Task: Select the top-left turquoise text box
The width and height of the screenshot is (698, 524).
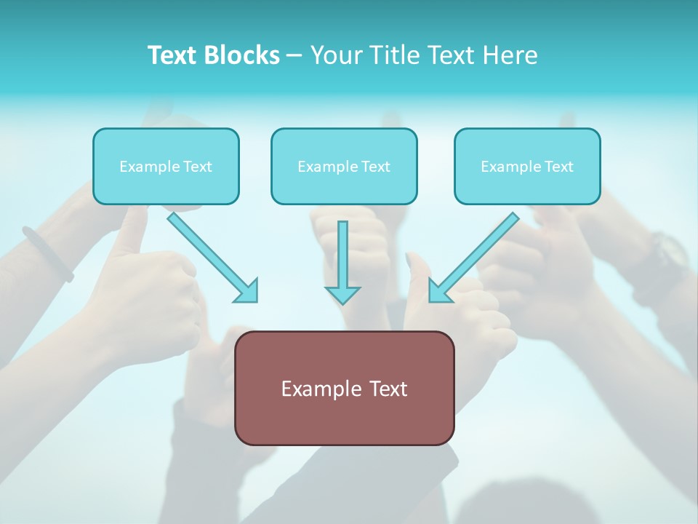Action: (166, 166)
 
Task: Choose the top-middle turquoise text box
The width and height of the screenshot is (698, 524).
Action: (344, 166)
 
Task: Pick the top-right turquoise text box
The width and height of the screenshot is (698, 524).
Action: (527, 166)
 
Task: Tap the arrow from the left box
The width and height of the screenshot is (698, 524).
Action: (212, 256)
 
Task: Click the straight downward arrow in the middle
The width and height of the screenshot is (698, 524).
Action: (342, 262)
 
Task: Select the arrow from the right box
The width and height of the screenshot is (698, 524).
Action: (473, 256)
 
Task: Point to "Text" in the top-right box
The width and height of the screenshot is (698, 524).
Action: (558, 167)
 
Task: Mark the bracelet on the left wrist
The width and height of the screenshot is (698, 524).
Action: (48, 253)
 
